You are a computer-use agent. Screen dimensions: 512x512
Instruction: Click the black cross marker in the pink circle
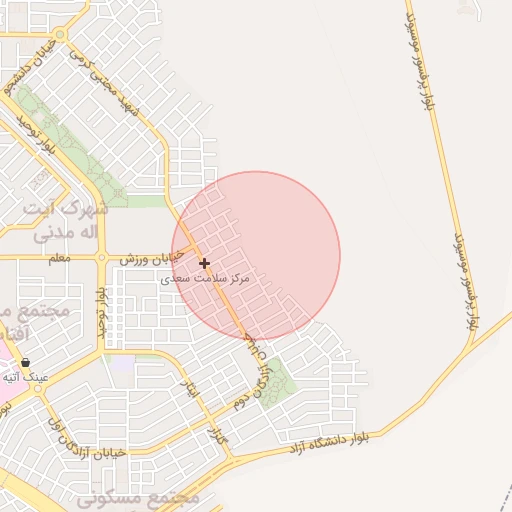[205, 264]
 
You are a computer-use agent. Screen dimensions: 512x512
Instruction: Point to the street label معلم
[60, 259]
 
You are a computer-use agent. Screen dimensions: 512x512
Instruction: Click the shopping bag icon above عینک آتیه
[25, 362]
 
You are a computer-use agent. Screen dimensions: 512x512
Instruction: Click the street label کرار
[214, 435]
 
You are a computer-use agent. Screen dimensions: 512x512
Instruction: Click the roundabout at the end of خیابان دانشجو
[60, 35]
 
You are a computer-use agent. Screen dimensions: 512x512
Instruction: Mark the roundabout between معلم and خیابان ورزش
[101, 258]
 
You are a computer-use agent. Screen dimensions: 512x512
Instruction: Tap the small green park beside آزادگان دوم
[277, 381]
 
